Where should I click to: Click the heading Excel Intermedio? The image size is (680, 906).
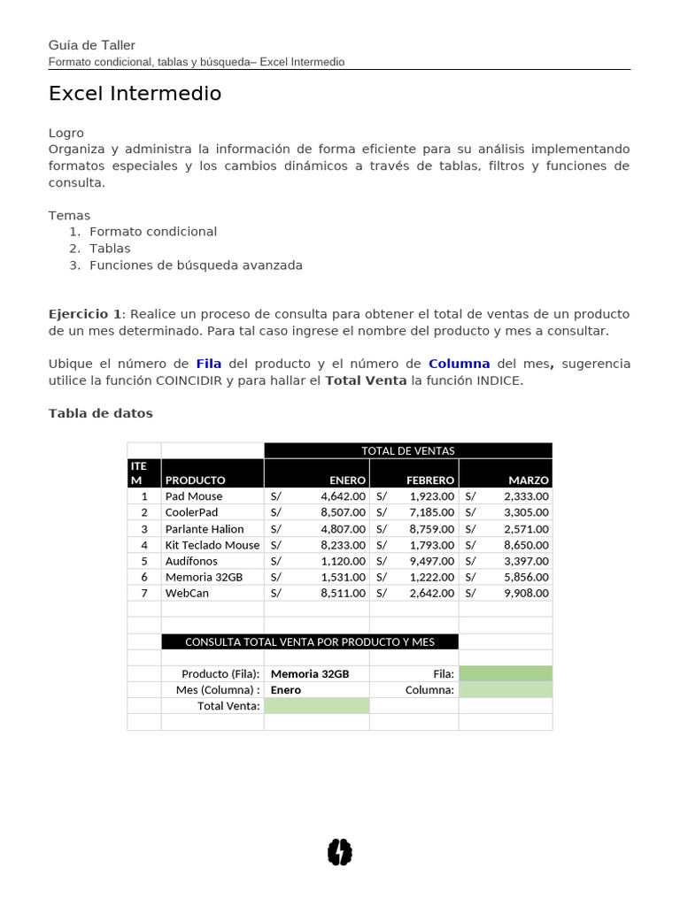[135, 94]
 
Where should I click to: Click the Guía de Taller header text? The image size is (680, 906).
[91, 45]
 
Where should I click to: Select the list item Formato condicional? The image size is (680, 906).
[152, 232]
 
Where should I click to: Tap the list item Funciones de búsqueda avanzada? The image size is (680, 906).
[196, 265]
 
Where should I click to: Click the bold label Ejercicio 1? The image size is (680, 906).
[84, 314]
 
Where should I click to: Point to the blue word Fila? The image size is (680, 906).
[208, 364]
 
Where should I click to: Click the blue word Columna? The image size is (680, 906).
[459, 364]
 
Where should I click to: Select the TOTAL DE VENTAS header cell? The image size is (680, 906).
[407, 450]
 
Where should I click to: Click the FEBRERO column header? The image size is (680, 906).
[430, 480]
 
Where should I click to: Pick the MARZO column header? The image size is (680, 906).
[529, 480]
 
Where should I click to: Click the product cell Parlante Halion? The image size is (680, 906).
[204, 529]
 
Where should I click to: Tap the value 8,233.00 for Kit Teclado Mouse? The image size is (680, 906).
[343, 545]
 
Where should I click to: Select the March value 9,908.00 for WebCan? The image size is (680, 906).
[526, 593]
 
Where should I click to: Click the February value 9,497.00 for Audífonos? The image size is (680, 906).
[431, 561]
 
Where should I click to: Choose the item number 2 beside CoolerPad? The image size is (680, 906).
[144, 512]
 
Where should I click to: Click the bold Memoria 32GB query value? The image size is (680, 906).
[310, 673]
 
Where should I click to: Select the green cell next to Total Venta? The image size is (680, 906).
[316, 705]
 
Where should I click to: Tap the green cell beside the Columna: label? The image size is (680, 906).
[505, 689]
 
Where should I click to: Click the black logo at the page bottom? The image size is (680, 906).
[340, 852]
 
